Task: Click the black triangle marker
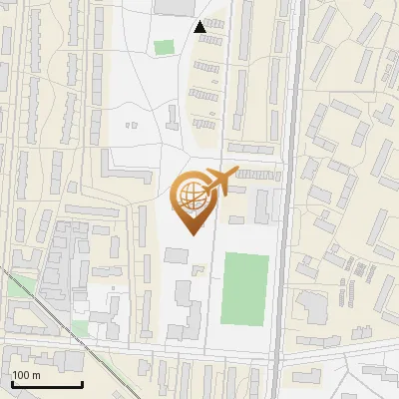200,27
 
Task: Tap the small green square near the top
164,47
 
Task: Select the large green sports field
245,288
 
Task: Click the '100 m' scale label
26,375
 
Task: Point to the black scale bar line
46,384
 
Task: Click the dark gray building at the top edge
176,7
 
